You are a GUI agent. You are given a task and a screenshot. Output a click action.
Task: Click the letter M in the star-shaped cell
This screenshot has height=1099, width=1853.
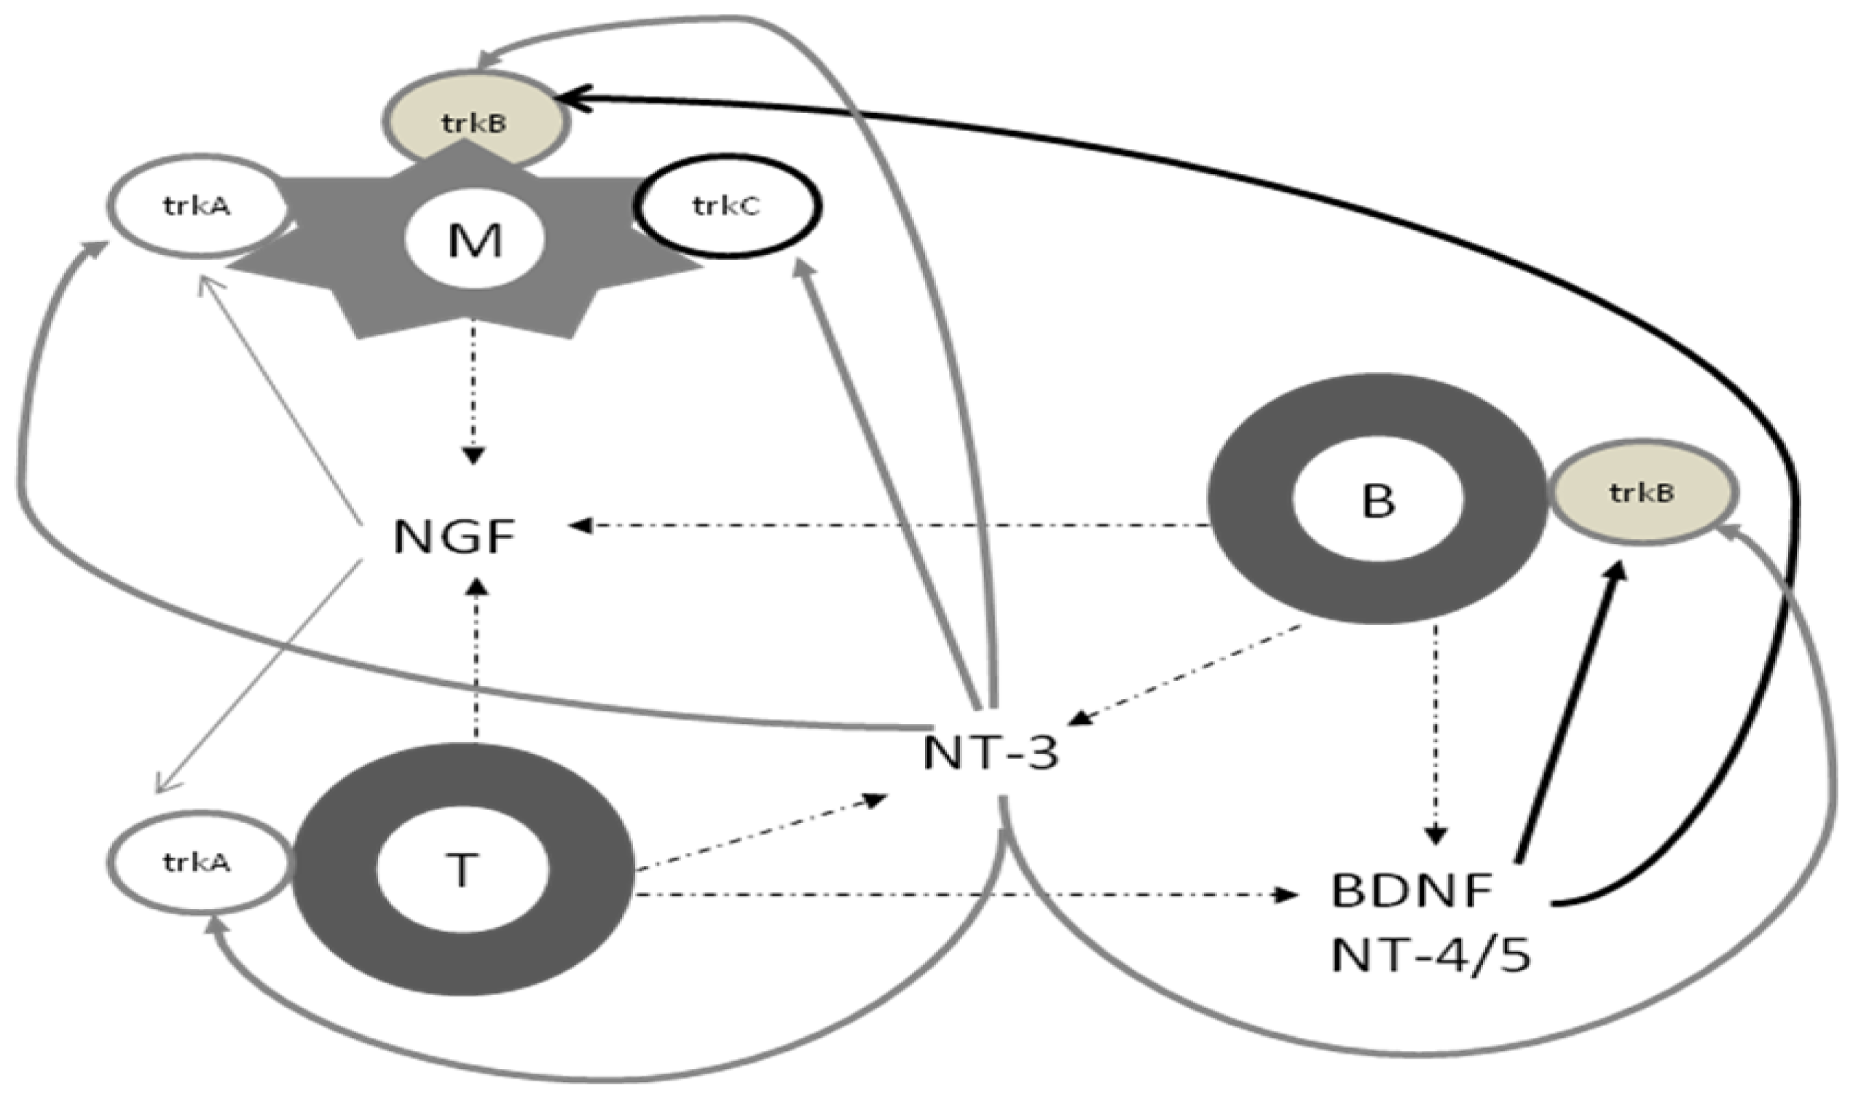click(x=475, y=241)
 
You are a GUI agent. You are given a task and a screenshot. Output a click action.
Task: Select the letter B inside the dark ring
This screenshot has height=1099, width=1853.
click(x=1378, y=500)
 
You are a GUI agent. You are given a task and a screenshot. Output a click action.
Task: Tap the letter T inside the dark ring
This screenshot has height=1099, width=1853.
click(x=462, y=870)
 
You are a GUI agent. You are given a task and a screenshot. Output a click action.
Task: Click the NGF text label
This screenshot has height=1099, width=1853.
click(x=453, y=536)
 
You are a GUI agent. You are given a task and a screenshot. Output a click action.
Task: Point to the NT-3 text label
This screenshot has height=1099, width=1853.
click(x=991, y=753)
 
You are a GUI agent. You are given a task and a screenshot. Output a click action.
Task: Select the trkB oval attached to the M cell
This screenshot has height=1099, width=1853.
click(x=475, y=122)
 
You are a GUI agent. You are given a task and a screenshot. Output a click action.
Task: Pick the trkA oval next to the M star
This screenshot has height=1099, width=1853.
click(x=197, y=206)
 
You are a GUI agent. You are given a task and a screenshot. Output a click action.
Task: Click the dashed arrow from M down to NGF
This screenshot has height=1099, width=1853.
click(x=474, y=393)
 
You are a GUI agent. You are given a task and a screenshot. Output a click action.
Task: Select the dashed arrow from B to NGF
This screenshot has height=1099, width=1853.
click(x=889, y=526)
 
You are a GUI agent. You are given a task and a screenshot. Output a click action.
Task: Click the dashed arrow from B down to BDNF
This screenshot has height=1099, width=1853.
click(x=1436, y=733)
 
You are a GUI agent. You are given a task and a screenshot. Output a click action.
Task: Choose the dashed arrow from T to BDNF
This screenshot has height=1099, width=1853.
click(x=963, y=895)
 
